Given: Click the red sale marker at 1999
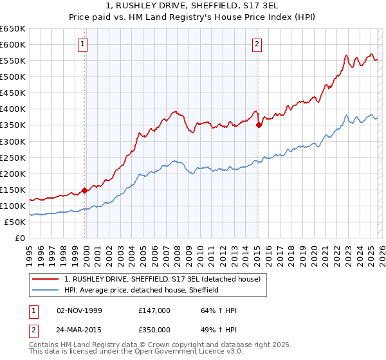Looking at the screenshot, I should tap(85, 190).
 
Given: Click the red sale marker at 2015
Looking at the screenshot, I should tap(259, 125).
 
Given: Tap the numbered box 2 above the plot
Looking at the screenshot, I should tap(257, 44).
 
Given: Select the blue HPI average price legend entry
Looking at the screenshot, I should tap(142, 291).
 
